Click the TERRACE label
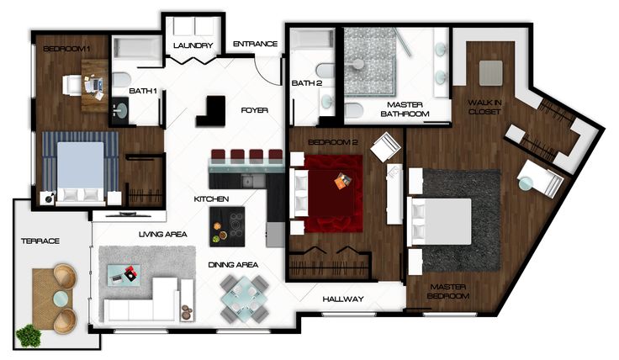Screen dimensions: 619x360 [40, 241]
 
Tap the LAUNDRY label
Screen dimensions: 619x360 [193, 45]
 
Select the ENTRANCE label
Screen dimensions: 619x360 [255, 44]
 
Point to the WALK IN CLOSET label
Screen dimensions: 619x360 [484, 107]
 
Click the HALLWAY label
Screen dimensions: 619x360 [343, 299]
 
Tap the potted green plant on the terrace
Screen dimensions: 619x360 [29, 335]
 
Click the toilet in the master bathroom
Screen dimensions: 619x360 [354, 111]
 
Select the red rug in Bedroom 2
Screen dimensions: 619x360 [333, 193]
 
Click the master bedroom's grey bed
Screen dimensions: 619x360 [441, 221]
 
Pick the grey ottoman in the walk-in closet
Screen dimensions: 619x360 [490, 73]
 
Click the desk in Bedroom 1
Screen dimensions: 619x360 [95, 86]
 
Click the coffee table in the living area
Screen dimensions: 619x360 [124, 274]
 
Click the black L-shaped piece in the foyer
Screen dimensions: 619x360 [213, 113]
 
